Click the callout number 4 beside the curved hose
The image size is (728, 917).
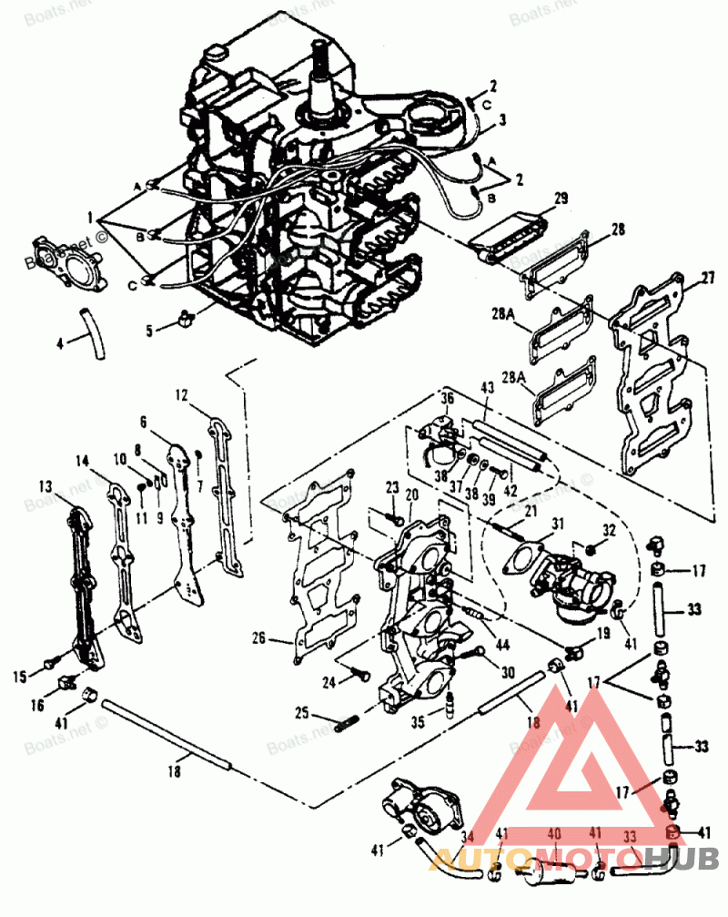(60, 344)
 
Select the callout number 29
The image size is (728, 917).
(561, 198)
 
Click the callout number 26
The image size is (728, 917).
(258, 639)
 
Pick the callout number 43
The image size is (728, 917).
(487, 387)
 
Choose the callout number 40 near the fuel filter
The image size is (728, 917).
(553, 833)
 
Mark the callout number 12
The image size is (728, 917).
(182, 394)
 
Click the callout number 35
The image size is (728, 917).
(418, 723)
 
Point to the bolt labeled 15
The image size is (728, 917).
(51, 661)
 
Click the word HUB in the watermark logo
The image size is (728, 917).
(682, 857)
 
